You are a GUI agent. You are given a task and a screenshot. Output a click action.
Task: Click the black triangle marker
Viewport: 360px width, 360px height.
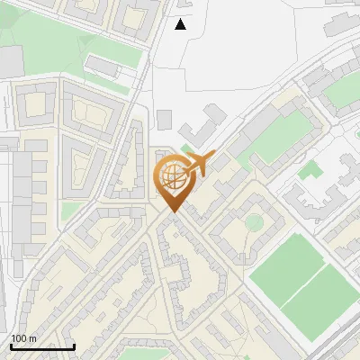181,24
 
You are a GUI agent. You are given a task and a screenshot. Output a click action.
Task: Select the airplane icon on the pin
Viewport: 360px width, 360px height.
199,164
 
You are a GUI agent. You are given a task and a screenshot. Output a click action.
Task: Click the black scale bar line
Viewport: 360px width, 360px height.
42,346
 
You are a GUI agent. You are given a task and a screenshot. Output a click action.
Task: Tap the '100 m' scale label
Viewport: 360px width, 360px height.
24,338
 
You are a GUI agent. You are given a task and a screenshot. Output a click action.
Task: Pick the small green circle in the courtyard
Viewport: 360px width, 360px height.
254,221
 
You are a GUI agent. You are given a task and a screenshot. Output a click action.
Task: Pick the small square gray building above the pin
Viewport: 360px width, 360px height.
164,119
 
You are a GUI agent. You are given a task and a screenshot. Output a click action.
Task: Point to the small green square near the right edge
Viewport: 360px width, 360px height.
310,170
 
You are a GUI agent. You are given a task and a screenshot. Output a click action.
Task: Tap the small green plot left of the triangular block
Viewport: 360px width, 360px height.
72,211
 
